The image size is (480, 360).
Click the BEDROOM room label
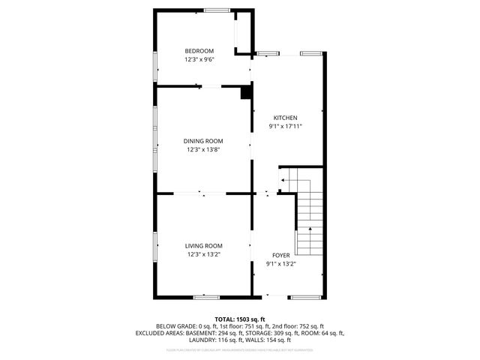pos(199,51)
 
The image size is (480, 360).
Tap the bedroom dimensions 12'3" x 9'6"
pos(199,59)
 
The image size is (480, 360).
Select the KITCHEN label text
pos(285,118)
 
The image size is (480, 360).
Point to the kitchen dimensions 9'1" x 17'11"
pos(285,126)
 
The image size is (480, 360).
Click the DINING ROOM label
pos(203,140)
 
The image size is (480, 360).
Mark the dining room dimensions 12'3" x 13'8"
pos(203,149)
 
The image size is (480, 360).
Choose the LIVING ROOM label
pos(203,245)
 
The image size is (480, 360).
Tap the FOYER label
pos(280,255)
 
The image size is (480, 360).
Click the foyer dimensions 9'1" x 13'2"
pos(280,263)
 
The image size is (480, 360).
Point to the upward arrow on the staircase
pos(308,229)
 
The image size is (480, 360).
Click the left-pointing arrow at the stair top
pos(283,181)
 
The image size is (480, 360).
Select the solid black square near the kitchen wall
pos(244,94)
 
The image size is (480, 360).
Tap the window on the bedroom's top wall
pos(217,10)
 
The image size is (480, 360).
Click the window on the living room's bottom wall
pos(206,298)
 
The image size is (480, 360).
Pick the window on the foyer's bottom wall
pos(306,298)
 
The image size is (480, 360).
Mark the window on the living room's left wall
pos(155,246)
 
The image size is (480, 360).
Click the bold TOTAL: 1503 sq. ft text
pos(240,319)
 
